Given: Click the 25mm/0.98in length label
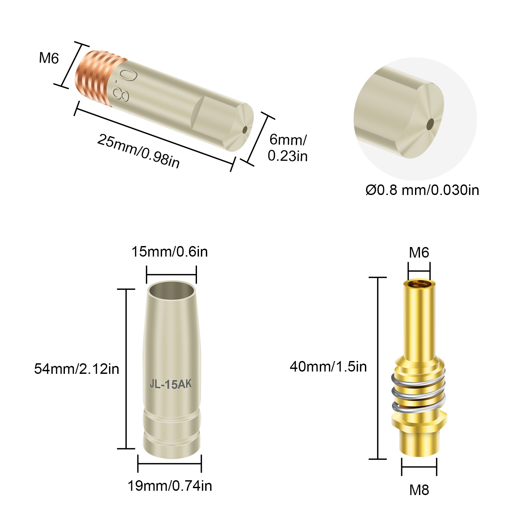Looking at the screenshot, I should tap(139, 151).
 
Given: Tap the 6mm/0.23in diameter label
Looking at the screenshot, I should tap(288, 148).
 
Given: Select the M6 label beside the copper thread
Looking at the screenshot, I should tap(49, 58).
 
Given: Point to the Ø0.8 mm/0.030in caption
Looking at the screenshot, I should tap(422, 190).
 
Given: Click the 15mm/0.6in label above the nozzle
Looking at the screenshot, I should tap(170, 252).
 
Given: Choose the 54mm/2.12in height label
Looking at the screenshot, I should tap(76, 369).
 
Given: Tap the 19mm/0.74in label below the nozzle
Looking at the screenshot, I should tap(170, 486).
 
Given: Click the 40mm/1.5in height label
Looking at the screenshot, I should tap(328, 367).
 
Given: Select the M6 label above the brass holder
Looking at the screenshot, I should tap(419, 253).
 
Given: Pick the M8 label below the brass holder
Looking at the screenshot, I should tap(419, 490).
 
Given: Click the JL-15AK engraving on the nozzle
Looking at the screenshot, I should tap(171, 384).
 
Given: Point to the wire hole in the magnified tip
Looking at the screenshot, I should tap(430, 125).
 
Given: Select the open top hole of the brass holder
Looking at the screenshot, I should tap(419, 284).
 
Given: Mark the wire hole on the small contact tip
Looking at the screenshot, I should tap(245, 130).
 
